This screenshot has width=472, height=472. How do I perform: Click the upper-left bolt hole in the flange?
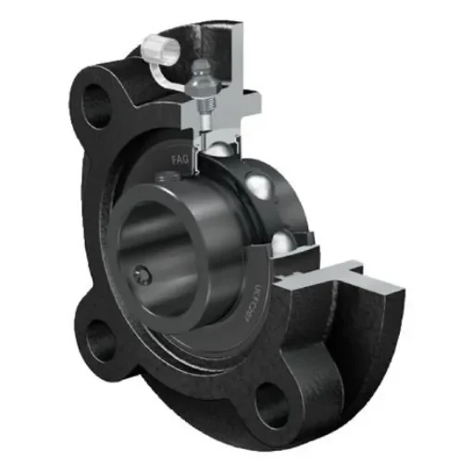(x=95, y=101)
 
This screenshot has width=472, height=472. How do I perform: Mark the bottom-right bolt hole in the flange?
(x=271, y=401)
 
